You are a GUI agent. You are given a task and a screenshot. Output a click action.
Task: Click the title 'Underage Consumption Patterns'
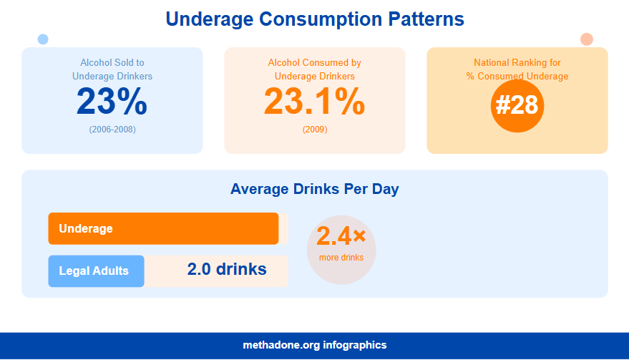(315, 19)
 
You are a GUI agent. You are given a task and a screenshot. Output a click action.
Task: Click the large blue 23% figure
(112, 102)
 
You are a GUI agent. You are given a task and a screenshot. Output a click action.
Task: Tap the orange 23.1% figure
(314, 102)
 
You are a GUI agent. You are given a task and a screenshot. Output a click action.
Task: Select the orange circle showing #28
(517, 105)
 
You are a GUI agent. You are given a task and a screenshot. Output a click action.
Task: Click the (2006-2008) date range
(112, 130)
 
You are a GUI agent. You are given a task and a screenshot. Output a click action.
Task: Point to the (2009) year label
(314, 130)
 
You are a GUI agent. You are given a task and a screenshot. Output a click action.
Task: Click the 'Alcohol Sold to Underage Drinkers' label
(112, 69)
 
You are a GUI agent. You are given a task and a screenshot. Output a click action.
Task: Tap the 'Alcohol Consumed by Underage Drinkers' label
(314, 69)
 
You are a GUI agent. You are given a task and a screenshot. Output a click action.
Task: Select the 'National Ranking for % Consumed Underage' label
(517, 69)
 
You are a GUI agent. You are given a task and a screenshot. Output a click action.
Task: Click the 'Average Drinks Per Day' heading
(314, 190)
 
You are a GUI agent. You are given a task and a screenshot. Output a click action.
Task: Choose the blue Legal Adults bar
(96, 271)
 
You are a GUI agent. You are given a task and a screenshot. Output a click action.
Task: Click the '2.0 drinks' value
(227, 270)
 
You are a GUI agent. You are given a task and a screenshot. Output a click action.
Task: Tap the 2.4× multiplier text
(341, 235)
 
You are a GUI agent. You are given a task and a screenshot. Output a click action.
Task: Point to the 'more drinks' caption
(341, 258)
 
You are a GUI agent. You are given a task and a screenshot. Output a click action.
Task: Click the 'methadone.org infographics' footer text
(314, 345)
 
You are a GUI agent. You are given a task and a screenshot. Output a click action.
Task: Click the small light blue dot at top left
(43, 39)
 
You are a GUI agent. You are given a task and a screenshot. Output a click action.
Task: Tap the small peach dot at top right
(586, 39)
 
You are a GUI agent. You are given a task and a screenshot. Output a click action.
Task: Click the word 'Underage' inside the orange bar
(86, 229)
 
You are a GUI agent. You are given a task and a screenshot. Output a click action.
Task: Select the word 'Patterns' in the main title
(427, 19)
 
